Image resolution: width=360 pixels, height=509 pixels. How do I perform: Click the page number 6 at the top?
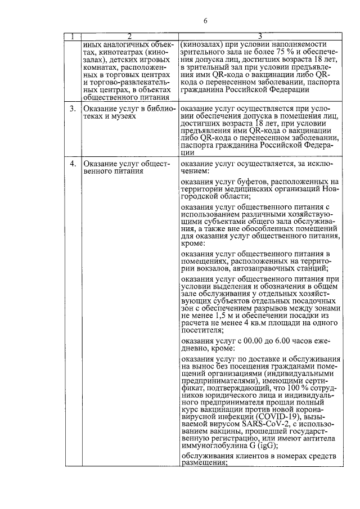[206, 21]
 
